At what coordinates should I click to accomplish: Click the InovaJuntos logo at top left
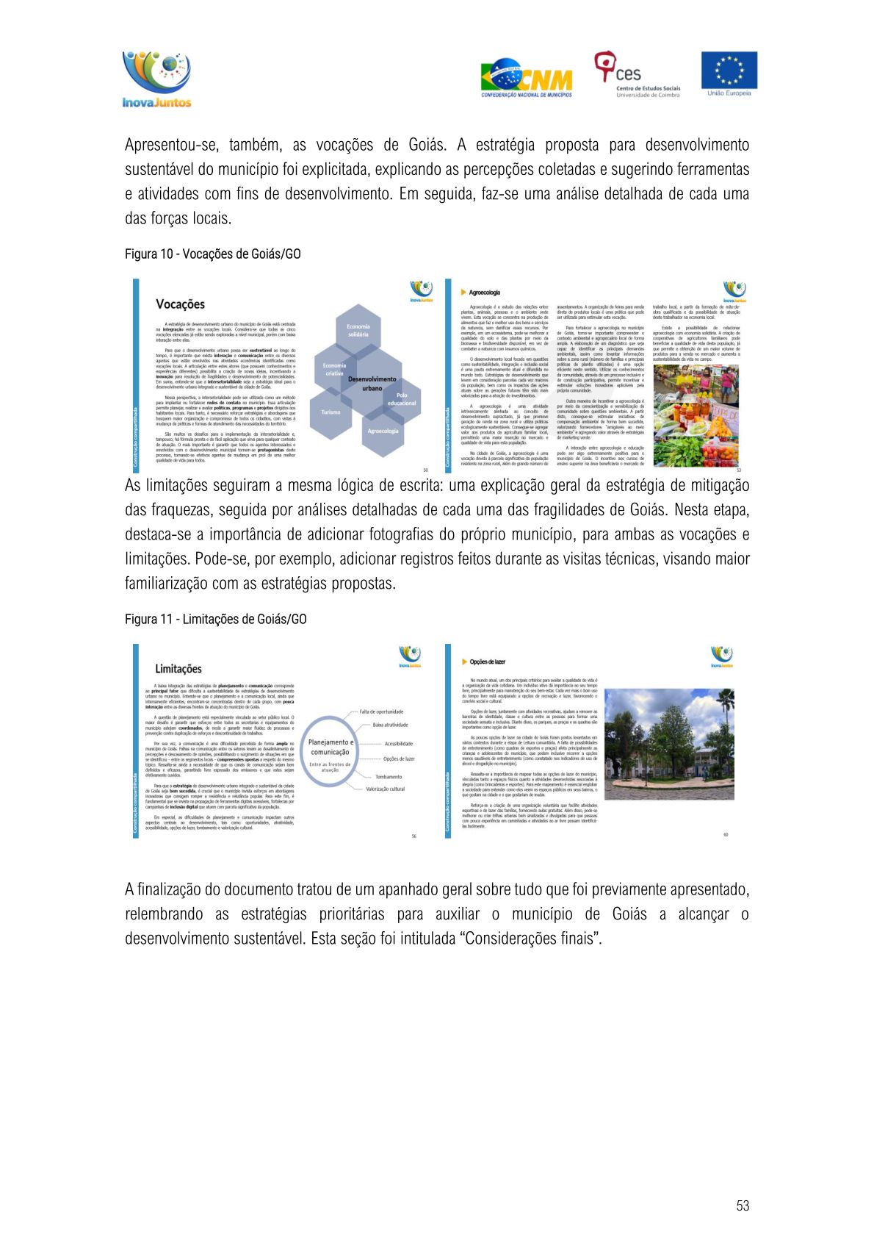pos(156,79)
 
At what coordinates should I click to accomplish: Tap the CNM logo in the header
pos(526,78)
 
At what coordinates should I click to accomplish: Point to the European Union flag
pos(729,73)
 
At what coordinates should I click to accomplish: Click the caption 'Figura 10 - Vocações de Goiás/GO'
pos(212,254)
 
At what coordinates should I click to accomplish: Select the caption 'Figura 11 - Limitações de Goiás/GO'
pos(215,620)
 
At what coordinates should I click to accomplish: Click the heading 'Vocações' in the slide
pos(180,304)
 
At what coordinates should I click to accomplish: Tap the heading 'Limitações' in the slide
pos(178,669)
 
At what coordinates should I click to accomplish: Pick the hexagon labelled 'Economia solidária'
pos(358,331)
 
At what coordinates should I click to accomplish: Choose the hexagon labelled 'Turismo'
pos(331,412)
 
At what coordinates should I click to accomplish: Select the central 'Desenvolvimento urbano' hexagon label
pos(372,383)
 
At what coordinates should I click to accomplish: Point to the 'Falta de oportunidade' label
pos(381,711)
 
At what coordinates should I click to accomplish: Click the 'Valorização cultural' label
pos(385,789)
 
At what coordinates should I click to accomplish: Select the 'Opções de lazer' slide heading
pos(487,661)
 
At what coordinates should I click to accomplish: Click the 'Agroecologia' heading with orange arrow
pos(484,293)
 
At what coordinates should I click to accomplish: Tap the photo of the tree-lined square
pos(668,743)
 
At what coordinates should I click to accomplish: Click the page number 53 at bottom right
pos(743,1205)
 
